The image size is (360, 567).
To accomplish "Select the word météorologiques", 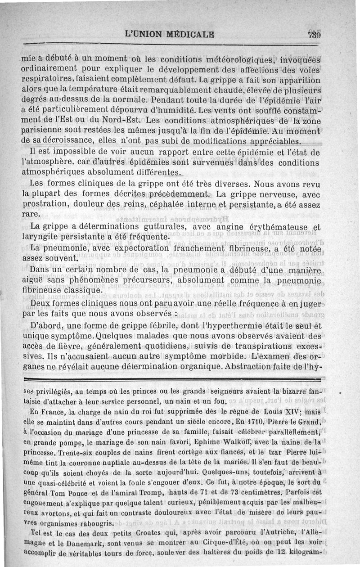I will [240, 60].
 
